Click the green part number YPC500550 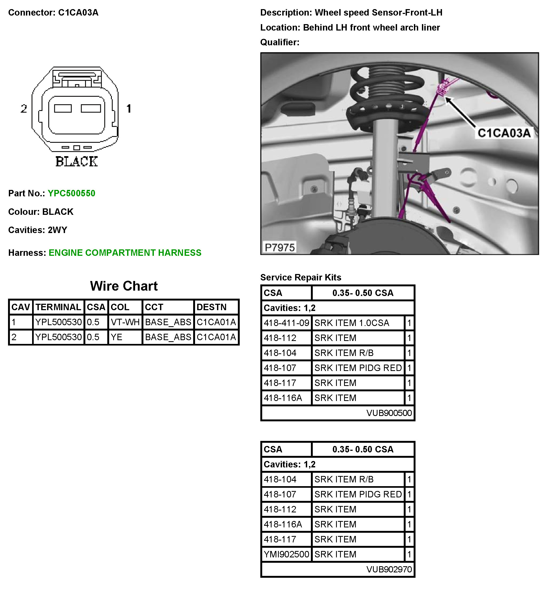pyautogui.click(x=71, y=193)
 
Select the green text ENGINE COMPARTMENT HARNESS pyautogui.click(x=125, y=253)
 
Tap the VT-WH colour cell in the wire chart pyautogui.click(x=125, y=322)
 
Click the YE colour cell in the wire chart pyautogui.click(x=116, y=337)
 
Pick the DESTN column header pyautogui.click(x=211, y=307)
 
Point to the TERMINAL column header pyautogui.click(x=58, y=307)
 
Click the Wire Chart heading pyautogui.click(x=124, y=286)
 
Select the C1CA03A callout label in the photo pyautogui.click(x=504, y=133)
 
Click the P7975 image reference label pyautogui.click(x=280, y=247)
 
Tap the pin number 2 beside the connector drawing pyautogui.click(x=24, y=109)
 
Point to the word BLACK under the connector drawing pyautogui.click(x=77, y=162)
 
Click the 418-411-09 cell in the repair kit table pyautogui.click(x=286, y=323)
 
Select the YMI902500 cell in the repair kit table pyautogui.click(x=286, y=554)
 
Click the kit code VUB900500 pyautogui.click(x=389, y=413)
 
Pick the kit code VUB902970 pyautogui.click(x=389, y=569)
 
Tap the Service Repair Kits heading pyautogui.click(x=300, y=277)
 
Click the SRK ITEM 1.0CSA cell pyautogui.click(x=352, y=323)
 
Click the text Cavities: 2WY pyautogui.click(x=38, y=230)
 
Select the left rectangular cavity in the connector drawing pyautogui.click(x=63, y=109)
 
